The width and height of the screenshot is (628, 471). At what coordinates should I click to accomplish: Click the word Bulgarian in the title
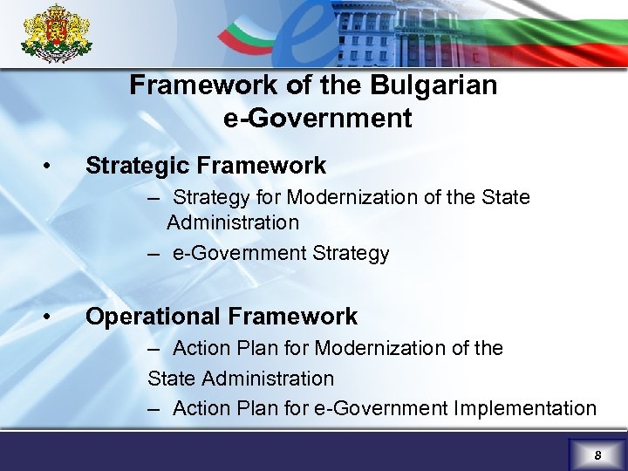tap(434, 85)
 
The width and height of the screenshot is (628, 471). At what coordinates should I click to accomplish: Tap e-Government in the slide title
tap(317, 118)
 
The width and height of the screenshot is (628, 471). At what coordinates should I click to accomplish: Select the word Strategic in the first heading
tap(138, 165)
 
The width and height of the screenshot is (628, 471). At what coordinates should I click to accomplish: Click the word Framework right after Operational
tap(294, 316)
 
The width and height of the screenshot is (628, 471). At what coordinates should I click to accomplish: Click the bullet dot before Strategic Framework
tap(55, 165)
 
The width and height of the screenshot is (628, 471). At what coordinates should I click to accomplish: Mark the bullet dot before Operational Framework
tap(55, 316)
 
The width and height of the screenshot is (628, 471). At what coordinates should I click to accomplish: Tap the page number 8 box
tap(597, 454)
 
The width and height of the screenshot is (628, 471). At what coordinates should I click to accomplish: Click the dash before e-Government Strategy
tap(154, 254)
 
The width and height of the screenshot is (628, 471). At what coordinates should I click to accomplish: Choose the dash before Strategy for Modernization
tap(154, 198)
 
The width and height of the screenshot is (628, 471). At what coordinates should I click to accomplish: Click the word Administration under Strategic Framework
tap(233, 222)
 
